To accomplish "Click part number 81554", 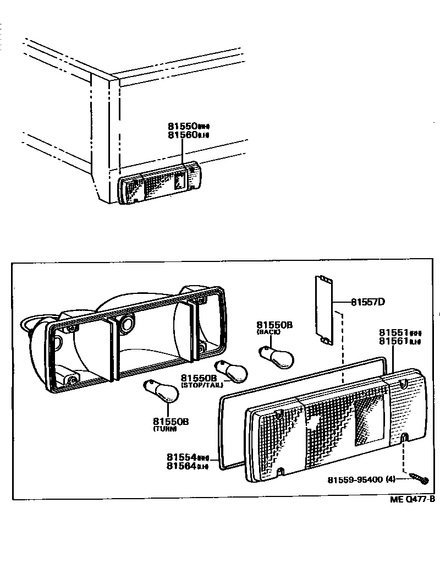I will [182, 457].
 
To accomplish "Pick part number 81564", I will [182, 466].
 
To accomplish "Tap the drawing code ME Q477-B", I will [413, 499].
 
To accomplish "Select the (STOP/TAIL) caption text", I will [202, 386].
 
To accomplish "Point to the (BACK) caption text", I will [268, 332].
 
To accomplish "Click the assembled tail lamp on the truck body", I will [159, 184].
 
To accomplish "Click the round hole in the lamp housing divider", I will [126, 324].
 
